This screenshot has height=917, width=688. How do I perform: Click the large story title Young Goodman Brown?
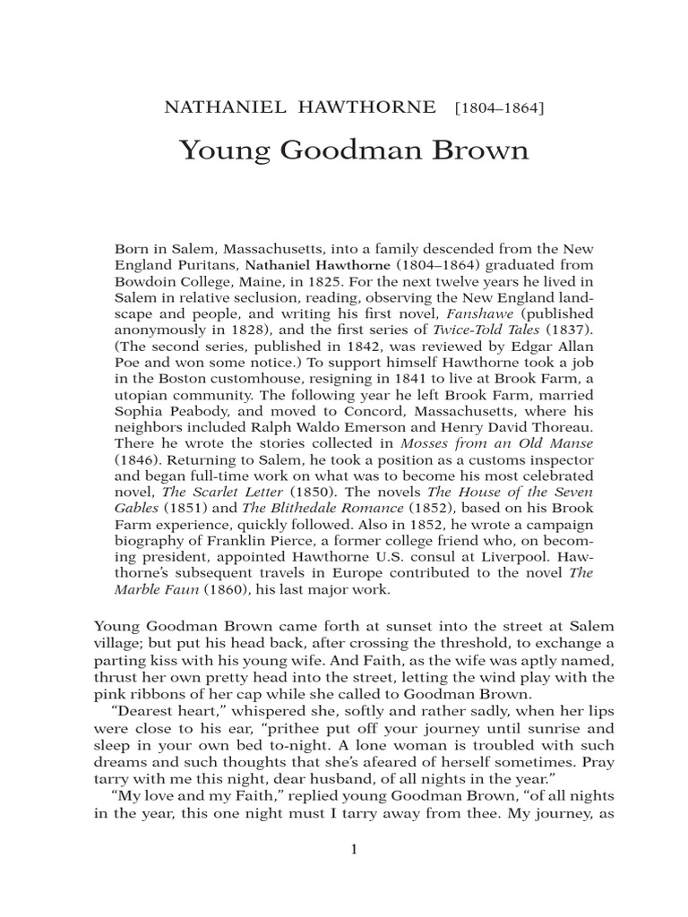click(354, 150)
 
